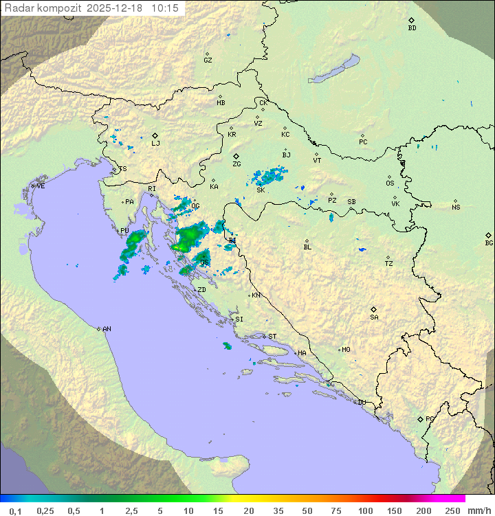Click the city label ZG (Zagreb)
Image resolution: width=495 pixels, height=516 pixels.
[236, 164]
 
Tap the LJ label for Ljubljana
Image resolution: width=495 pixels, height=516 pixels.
[155, 144]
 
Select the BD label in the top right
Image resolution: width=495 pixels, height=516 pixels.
[412, 28]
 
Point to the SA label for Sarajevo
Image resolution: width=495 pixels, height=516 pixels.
[374, 317]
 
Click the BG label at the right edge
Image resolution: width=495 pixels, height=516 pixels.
[489, 243]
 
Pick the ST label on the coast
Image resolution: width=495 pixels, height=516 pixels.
[272, 337]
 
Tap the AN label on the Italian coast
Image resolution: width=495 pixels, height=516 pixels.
[107, 329]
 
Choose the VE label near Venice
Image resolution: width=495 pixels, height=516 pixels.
[41, 186]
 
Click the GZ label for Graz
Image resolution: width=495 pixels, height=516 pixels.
[208, 60]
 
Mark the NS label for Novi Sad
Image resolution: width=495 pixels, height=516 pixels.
[456, 207]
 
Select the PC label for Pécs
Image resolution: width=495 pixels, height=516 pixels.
[363, 142]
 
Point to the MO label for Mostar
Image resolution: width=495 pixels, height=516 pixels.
[346, 350]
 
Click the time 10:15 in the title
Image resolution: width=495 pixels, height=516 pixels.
[165, 8]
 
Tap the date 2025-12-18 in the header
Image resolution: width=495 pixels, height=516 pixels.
[116, 8]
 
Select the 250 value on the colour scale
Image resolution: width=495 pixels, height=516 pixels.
[452, 511]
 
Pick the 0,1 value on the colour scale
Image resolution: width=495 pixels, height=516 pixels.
[15, 511]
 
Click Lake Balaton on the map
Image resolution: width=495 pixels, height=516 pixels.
[334, 69]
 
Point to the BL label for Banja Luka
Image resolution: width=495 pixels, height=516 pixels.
[307, 247]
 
